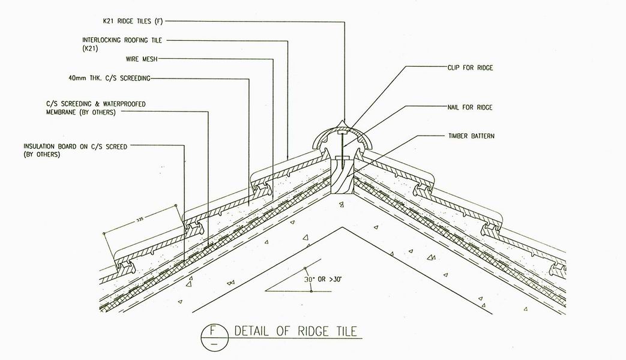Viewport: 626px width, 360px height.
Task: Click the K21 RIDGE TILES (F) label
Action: (x=133, y=21)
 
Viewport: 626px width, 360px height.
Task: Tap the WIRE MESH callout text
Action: (x=142, y=59)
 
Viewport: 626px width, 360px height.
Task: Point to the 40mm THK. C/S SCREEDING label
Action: (x=109, y=78)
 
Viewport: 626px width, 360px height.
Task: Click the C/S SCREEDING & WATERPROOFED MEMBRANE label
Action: (x=96, y=108)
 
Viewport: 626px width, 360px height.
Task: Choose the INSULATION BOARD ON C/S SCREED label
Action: (x=75, y=151)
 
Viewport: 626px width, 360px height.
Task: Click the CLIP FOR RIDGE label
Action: (x=471, y=68)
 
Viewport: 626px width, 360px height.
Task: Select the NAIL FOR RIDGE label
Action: (x=470, y=107)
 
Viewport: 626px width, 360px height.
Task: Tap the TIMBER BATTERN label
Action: (x=471, y=136)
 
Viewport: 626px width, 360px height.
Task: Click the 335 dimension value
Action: (x=139, y=220)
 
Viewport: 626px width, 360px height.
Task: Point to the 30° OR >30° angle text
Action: (x=323, y=280)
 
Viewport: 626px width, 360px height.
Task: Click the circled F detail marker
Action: (x=214, y=337)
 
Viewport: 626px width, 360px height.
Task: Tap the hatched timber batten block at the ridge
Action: (x=343, y=176)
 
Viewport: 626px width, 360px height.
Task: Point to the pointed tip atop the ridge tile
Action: (x=342, y=120)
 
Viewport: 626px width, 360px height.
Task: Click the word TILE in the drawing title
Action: (x=346, y=331)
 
